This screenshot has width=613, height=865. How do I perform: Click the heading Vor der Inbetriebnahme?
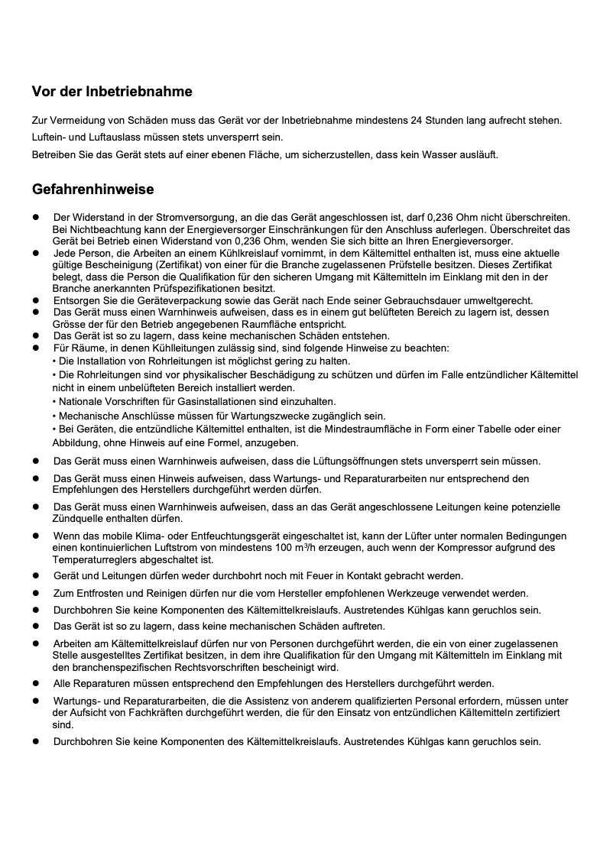pyautogui.click(x=112, y=92)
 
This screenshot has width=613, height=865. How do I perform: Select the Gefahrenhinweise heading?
pyautogui.click(x=92, y=189)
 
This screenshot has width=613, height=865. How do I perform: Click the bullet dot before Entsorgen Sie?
pyautogui.click(x=35, y=300)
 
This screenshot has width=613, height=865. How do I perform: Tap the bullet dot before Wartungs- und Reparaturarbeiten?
pyautogui.click(x=35, y=701)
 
